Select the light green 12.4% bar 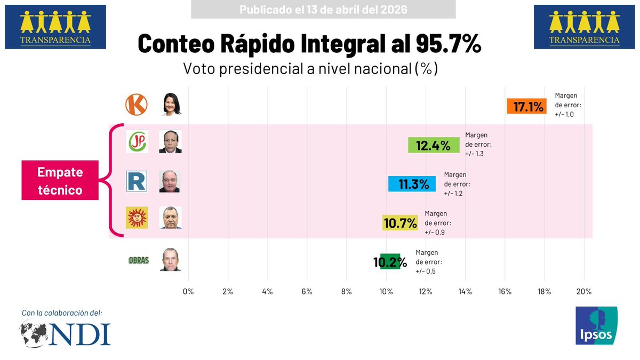pyautogui.click(x=433, y=145)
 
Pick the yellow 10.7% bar pyautogui.click(x=400, y=223)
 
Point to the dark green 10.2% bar pyautogui.click(x=390, y=261)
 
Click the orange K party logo pyautogui.click(x=136, y=105)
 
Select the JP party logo pyautogui.click(x=137, y=141)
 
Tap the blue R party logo pyautogui.click(x=137, y=181)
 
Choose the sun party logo pyautogui.click(x=137, y=218)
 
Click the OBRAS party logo pyautogui.click(x=139, y=260)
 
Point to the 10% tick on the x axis pyautogui.click(x=386, y=292)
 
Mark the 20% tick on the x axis pyautogui.click(x=584, y=292)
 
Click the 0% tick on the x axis pyautogui.click(x=188, y=292)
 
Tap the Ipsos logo pyautogui.click(x=596, y=326)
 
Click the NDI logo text pyautogui.click(x=83, y=333)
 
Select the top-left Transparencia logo pyautogui.click(x=55, y=27)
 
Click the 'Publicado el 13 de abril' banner pyautogui.click(x=323, y=10)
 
